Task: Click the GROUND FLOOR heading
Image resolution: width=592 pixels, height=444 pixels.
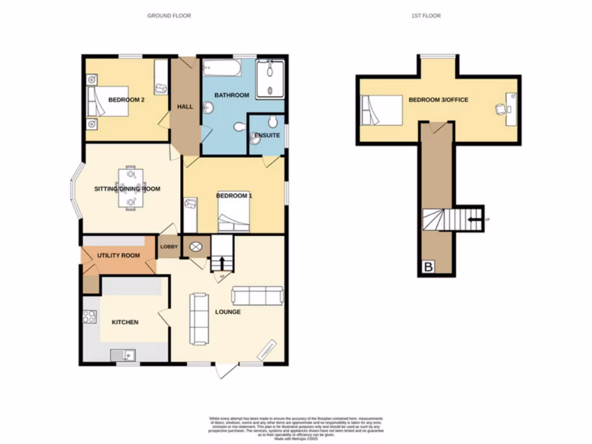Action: click(169, 16)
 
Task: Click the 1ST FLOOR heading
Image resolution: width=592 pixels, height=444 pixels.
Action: click(425, 16)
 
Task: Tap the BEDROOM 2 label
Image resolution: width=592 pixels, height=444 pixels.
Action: click(126, 100)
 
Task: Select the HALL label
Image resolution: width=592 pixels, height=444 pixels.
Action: click(185, 106)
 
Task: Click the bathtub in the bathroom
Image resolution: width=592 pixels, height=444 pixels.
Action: click(221, 69)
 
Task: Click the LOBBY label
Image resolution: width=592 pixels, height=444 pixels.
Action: click(169, 247)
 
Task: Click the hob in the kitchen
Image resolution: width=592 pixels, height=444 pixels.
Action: click(90, 316)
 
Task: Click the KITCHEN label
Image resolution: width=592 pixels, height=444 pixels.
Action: click(125, 322)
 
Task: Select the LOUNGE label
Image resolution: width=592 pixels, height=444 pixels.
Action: click(229, 312)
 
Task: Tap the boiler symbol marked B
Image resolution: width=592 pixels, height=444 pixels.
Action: click(428, 268)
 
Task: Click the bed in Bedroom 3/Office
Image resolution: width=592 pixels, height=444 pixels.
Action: click(382, 110)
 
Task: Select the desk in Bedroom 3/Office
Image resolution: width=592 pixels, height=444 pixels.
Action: click(511, 109)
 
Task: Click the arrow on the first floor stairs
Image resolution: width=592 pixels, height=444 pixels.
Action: click(475, 219)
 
